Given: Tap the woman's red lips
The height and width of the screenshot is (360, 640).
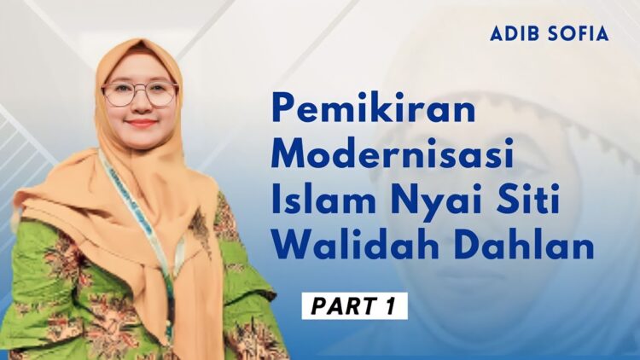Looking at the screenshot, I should click(142, 124).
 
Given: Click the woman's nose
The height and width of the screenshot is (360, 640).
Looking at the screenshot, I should click(141, 106).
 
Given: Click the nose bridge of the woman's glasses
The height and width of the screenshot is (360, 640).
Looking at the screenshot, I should click(140, 89).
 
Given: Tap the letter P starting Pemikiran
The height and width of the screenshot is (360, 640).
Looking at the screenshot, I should click(284, 111).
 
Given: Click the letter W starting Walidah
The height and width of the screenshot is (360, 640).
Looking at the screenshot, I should click(290, 248).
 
